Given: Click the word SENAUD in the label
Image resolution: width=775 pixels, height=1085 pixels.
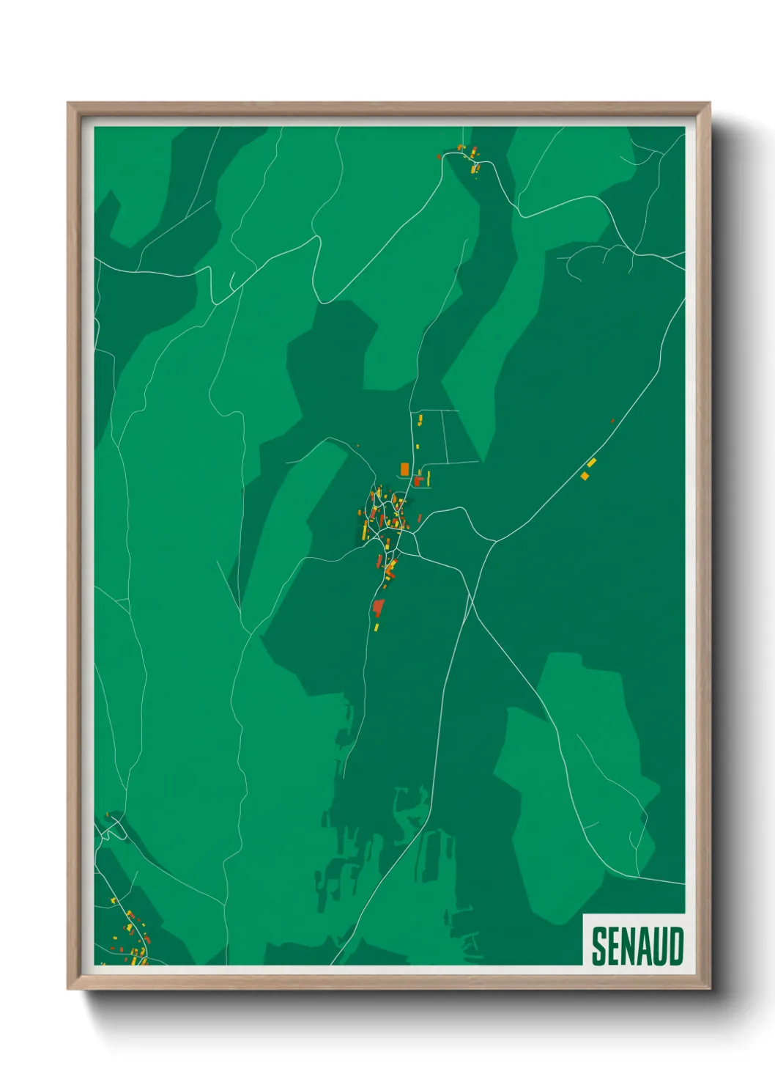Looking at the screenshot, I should [637, 946].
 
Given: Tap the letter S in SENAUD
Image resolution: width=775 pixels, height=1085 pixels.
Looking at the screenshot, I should [599, 946].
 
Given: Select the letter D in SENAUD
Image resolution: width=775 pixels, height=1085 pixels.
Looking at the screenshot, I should [676, 946].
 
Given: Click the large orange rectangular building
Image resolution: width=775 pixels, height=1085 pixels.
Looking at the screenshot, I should [405, 468].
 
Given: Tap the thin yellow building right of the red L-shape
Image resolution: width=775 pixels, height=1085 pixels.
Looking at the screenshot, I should [429, 479].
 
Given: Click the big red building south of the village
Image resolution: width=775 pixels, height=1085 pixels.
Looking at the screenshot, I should [378, 607].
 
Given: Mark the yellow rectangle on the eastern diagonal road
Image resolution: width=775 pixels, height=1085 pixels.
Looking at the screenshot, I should [592, 462].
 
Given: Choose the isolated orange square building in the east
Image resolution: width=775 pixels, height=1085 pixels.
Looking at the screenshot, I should [585, 476].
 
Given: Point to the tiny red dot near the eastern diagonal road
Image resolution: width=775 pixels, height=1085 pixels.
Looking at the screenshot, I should [612, 421].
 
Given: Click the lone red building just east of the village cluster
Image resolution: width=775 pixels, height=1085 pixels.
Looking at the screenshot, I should [420, 518].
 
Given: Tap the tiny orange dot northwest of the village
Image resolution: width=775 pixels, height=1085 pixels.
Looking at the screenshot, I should [357, 446].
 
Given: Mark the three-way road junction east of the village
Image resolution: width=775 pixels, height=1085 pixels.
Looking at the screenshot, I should [496, 541].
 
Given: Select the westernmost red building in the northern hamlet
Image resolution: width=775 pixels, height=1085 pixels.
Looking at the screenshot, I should [439, 156].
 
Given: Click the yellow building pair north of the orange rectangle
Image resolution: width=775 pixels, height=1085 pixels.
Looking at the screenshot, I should [420, 419].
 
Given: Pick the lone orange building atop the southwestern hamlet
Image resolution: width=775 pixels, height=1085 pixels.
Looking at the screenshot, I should [108, 814].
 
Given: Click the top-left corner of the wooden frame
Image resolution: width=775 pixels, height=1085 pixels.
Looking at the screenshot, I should [68, 103].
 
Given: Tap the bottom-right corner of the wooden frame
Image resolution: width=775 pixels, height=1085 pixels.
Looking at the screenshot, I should [710, 989].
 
